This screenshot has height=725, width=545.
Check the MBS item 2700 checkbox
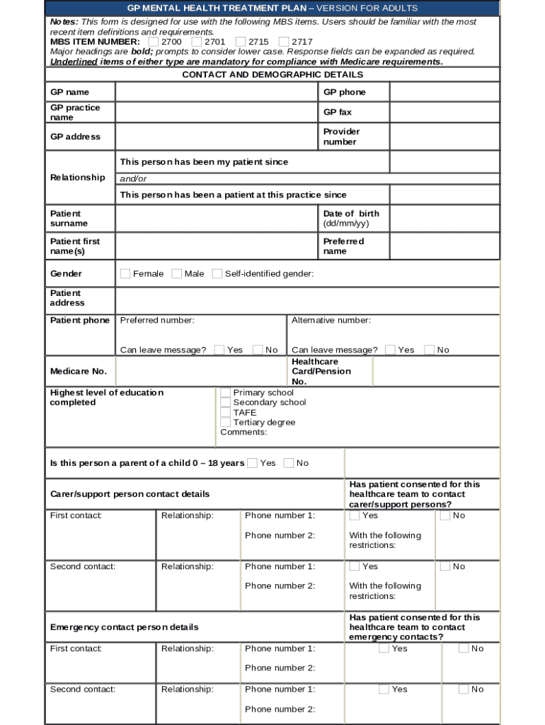pyautogui.click(x=154, y=42)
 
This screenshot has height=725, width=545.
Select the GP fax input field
pyautogui.click(x=444, y=113)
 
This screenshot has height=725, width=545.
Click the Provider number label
pyautogui.click(x=341, y=137)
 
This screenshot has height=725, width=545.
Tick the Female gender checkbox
pyautogui.click(x=125, y=274)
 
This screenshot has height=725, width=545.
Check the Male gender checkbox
pyautogui.click(x=176, y=274)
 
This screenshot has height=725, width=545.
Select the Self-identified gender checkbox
pyautogui.click(x=217, y=274)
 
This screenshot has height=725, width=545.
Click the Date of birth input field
pyautogui.click(x=444, y=219)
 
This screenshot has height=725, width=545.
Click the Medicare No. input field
pyautogui.click(x=201, y=372)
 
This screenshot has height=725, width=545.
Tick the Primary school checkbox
pyautogui.click(x=226, y=393)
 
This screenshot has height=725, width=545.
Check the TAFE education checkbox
pyautogui.click(x=226, y=413)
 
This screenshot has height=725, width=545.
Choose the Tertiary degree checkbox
pyautogui.click(x=226, y=423)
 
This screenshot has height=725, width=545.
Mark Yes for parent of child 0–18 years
pyautogui.click(x=253, y=463)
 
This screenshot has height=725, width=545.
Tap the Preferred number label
pyautogui.click(x=157, y=321)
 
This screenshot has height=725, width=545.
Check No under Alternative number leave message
pyautogui.click(x=429, y=350)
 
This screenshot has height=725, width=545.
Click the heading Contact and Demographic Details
pyautogui.click(x=272, y=75)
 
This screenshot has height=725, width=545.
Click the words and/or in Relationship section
pyautogui.click(x=134, y=179)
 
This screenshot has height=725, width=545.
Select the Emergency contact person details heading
pyautogui.click(x=124, y=627)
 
